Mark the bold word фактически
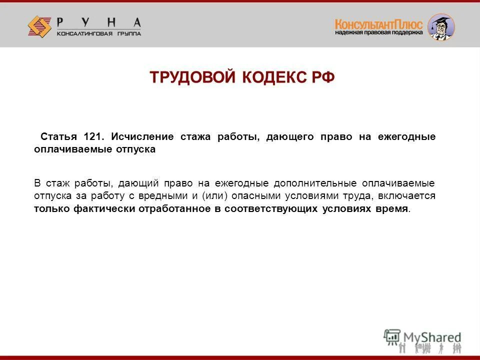[103, 209]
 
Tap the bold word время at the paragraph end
[391, 209]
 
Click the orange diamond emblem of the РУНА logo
[39, 25]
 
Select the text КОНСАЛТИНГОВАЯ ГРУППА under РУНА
[98, 33]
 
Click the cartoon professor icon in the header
[441, 27]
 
